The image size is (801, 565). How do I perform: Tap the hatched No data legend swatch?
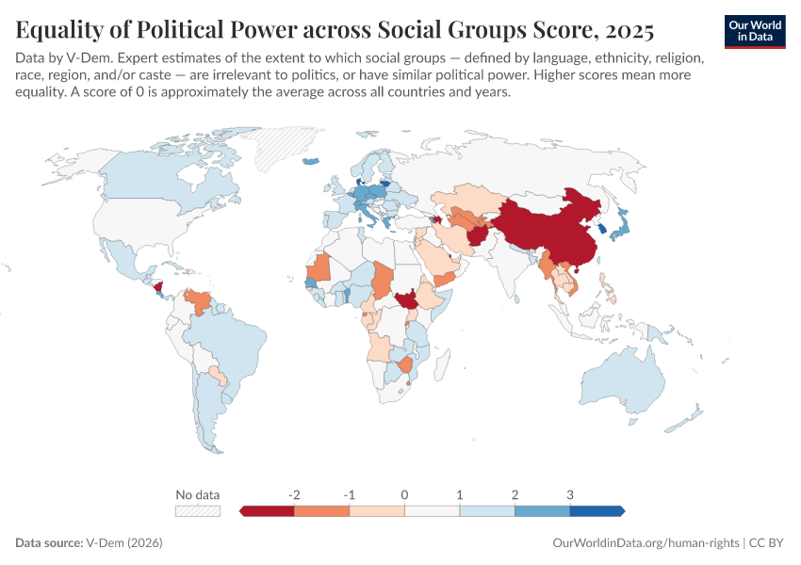click(x=198, y=510)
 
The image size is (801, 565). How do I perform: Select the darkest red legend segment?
click(x=269, y=510)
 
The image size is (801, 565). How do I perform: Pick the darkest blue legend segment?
click(x=597, y=510)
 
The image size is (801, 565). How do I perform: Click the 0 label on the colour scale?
click(x=404, y=493)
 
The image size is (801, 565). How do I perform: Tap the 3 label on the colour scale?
click(x=570, y=493)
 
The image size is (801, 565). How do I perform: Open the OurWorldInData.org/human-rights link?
click(x=645, y=543)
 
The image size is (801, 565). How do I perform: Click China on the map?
click(x=556, y=231)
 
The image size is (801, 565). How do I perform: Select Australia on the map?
click(x=627, y=386)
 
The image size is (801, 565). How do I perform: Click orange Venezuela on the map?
click(x=199, y=303)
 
